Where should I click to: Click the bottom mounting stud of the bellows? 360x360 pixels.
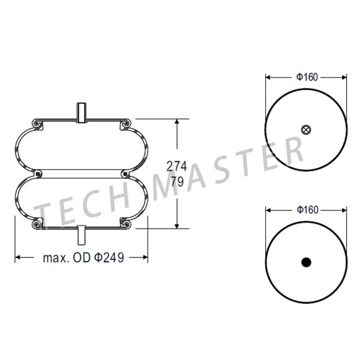coord(81,234)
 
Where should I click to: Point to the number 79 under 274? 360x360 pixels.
coord(177,182)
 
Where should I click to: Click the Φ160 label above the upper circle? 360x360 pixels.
coord(307,77)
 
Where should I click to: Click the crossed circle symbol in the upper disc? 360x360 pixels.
coord(307,129)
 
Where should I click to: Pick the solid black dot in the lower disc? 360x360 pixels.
coord(307,262)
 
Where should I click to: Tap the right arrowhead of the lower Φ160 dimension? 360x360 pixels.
coord(344,210)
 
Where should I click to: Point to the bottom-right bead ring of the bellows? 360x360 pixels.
coord(125,224)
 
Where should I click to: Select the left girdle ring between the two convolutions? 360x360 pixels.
coord(38,174)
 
